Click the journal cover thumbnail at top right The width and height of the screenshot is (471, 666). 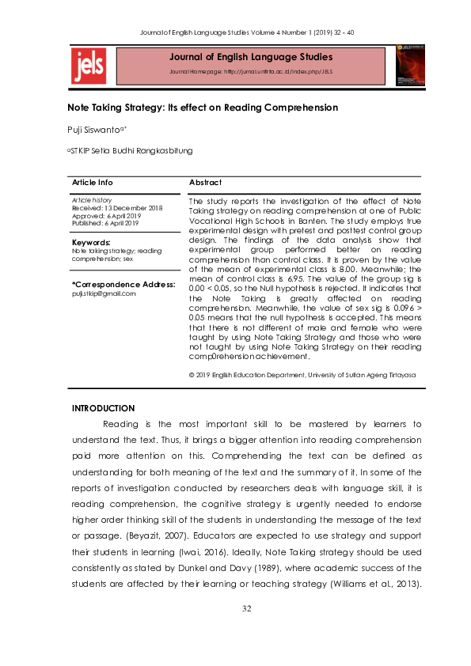pyautogui.click(x=409, y=64)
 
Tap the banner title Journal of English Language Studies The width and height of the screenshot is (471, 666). pyautogui.click(x=249, y=57)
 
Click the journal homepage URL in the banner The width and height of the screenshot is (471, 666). pyautogui.click(x=250, y=72)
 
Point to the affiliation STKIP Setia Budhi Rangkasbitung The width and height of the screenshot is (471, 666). pyautogui.click(x=131, y=150)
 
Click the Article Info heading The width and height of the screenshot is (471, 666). pyautogui.click(x=93, y=183)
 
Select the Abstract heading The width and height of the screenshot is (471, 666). pyautogui.click(x=205, y=183)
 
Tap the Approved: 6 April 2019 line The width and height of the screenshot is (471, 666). pyautogui.click(x=105, y=215)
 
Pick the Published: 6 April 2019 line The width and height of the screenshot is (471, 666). pyautogui.click(x=107, y=222)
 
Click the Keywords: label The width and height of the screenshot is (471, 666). pyautogui.click(x=91, y=242)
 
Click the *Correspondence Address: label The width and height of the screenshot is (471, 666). pyautogui.click(x=123, y=284)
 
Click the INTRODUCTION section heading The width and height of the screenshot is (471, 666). pyautogui.click(x=103, y=408)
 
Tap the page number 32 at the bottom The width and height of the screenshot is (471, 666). pyautogui.click(x=246, y=630)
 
